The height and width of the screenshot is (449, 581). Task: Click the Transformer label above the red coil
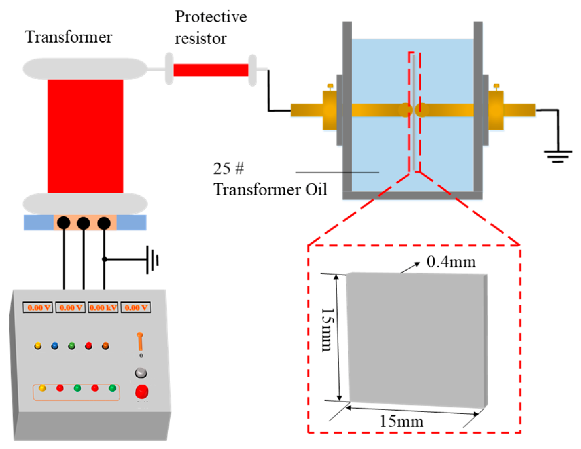click(69, 37)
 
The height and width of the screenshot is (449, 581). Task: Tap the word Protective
click(211, 17)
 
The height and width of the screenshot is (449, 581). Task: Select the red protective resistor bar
click(211, 70)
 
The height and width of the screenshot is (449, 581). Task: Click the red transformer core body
click(85, 136)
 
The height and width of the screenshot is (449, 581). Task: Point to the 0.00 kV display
click(103, 308)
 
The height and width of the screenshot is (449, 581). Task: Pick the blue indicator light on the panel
click(55, 346)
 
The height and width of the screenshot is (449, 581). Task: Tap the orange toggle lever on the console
click(140, 341)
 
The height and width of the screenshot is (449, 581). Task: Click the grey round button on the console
click(141, 373)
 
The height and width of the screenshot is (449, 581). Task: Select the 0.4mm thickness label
click(451, 262)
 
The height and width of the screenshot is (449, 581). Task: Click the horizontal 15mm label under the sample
click(401, 422)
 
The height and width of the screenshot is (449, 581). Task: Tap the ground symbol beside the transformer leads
click(152, 260)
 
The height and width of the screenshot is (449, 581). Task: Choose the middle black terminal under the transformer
click(83, 223)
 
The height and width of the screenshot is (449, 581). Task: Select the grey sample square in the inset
click(417, 340)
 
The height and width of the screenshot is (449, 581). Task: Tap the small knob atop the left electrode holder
click(331, 87)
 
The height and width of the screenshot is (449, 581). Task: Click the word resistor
click(201, 39)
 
